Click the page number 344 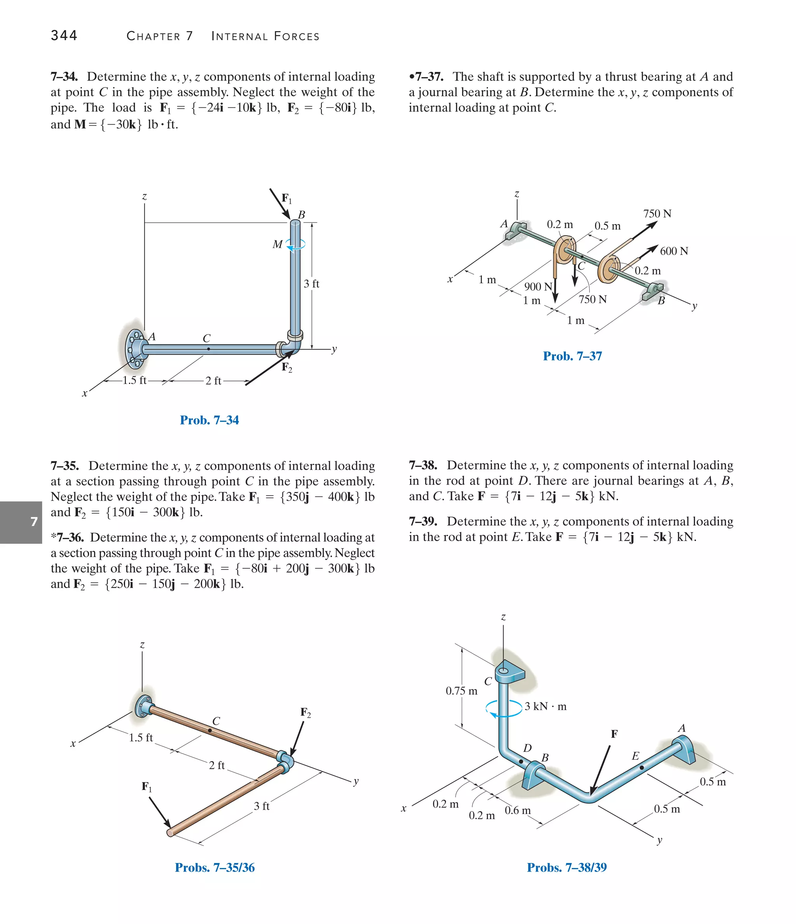[64, 35]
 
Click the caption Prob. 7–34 [209, 420]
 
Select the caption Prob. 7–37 [572, 356]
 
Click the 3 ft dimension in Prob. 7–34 [311, 284]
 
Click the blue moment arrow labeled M [296, 245]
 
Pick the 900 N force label [538, 286]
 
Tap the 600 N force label [673, 251]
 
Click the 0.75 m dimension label [461, 691]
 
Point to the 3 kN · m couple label [545, 706]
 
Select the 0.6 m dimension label [517, 810]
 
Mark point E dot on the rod [641, 767]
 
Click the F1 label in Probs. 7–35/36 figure [147, 786]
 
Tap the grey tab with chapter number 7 [21, 522]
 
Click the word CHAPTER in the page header [154, 36]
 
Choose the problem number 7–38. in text [423, 465]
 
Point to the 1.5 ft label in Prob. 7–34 [134, 381]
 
